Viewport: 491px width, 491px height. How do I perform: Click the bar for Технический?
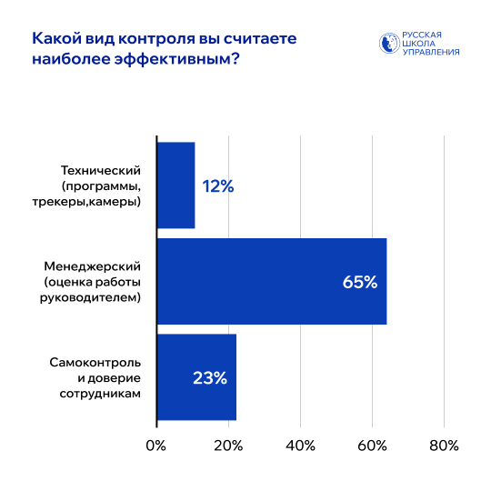coord(175,185)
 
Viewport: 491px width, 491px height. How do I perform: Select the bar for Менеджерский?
coord(271,281)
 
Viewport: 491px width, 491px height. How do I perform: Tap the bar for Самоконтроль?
coord(196,376)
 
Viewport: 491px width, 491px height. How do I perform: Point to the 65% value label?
coord(359,282)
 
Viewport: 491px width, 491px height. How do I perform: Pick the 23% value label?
coord(209,377)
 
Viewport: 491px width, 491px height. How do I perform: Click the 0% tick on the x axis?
coord(156,446)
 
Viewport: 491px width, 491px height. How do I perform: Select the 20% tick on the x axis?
coord(228,446)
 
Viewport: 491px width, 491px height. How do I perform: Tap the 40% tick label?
coord(300,446)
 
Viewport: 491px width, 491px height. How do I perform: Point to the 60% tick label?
coord(372,446)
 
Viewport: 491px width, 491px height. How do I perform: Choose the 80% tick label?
coord(444,446)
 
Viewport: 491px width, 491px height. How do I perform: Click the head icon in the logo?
coord(388,43)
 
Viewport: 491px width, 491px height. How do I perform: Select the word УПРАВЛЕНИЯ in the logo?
coord(430,52)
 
